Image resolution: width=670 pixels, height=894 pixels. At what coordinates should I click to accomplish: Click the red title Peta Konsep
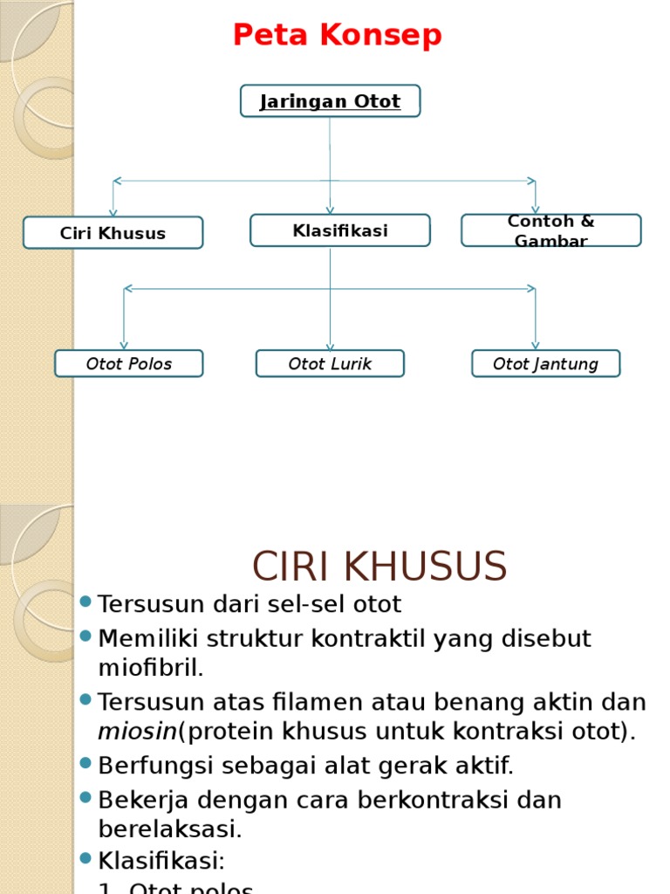337,36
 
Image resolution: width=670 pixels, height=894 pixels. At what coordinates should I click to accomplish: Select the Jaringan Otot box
330,101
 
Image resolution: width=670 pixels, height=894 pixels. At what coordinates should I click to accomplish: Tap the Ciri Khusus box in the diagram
113,233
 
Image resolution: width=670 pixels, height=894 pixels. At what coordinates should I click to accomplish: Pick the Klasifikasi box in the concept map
339,230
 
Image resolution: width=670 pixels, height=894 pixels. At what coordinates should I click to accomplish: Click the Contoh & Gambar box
550,230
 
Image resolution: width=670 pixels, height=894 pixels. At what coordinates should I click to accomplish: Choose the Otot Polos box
128,364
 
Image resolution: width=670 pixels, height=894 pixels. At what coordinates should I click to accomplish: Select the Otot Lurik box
330,364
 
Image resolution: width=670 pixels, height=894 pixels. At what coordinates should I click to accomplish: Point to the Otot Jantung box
545,364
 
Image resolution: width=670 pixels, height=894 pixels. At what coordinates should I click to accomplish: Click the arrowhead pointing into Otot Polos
124,345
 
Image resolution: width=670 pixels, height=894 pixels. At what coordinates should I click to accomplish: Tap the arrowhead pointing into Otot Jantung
535,345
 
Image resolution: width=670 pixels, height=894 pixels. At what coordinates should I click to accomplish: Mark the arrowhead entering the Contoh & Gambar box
535,210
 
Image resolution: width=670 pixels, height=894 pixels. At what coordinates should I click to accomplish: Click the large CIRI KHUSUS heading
379,567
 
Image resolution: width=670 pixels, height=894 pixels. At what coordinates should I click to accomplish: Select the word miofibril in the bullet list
149,669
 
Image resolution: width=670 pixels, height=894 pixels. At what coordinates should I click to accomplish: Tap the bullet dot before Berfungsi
85,763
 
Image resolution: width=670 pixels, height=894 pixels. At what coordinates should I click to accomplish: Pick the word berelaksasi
169,829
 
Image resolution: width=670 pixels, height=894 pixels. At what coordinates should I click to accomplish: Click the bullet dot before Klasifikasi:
85,858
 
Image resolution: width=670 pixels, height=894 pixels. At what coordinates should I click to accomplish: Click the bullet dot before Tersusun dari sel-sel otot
85,602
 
